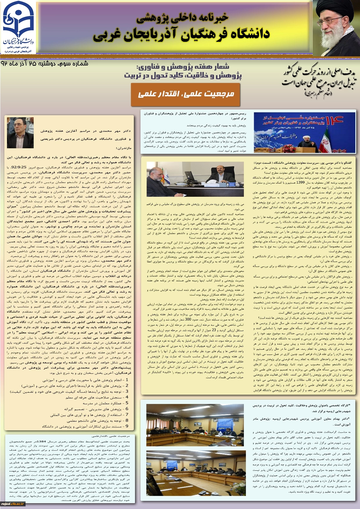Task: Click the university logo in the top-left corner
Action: tap(18, 28)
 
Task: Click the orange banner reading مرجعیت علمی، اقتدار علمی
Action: tap(186, 94)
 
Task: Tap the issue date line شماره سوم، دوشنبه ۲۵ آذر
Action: tap(45, 64)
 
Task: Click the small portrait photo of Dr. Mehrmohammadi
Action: tap(20, 133)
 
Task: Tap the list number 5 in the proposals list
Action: tap(127, 403)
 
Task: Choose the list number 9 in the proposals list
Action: tap(127, 426)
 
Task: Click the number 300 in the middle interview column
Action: tap(188, 320)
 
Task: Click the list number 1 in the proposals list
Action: tap(127, 380)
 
